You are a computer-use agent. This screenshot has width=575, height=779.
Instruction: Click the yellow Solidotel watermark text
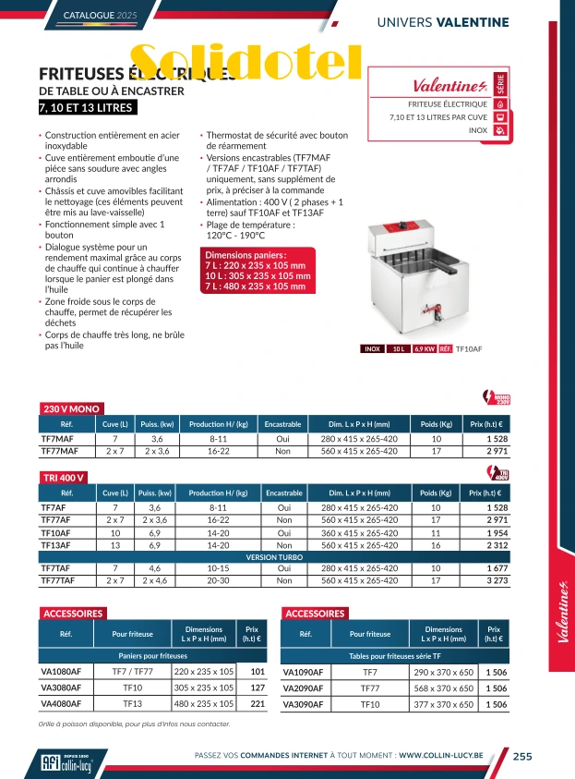pos(246,62)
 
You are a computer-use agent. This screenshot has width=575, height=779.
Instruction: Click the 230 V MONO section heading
pos(72,408)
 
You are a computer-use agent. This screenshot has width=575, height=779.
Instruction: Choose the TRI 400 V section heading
pos(65,478)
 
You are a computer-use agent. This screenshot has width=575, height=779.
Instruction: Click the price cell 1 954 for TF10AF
pos(498,533)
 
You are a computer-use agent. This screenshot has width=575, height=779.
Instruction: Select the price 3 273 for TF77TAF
pos(498,580)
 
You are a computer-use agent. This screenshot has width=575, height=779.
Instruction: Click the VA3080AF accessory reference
pos(62,688)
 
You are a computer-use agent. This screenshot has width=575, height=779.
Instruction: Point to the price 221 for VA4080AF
pos(258,703)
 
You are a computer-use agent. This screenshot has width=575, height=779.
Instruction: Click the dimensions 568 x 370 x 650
pos(443,688)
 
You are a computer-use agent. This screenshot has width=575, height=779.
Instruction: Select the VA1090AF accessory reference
pos(303,672)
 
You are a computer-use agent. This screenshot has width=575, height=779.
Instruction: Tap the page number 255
pos(522,756)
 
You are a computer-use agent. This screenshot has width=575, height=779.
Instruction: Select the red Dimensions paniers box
pos(258,271)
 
